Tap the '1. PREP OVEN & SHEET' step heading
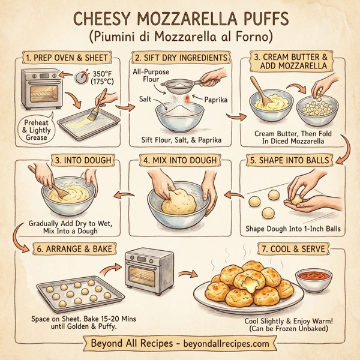(65, 58)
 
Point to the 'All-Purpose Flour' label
(149, 76)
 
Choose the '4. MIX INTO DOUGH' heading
(178, 161)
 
